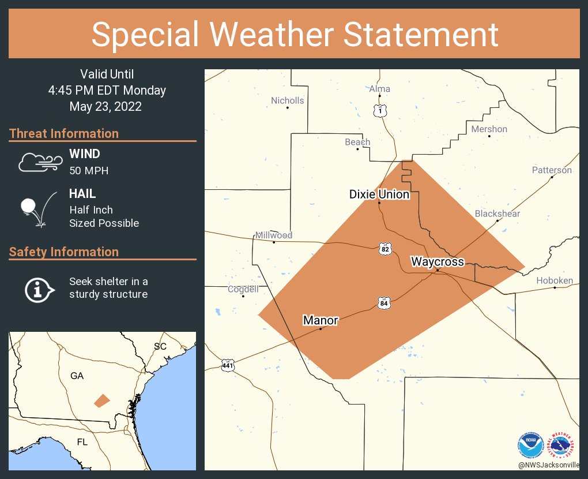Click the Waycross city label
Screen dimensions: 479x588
point(437,262)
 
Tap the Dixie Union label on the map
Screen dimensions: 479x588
point(379,194)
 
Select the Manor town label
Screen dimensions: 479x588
point(321,320)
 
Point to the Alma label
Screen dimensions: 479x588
point(379,89)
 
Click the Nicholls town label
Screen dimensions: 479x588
point(287,100)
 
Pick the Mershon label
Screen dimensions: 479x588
point(489,129)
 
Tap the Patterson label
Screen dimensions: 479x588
point(552,170)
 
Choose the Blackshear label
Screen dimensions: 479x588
point(497,214)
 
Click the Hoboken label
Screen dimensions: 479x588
point(555,280)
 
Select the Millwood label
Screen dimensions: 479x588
point(274,235)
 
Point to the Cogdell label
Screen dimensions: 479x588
point(243,289)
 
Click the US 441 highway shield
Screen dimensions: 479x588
point(228,365)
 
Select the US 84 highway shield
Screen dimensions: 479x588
point(384,302)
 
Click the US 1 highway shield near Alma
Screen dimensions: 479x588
point(379,111)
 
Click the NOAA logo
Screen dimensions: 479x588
point(530,446)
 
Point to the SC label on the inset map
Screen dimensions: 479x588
point(160,346)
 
